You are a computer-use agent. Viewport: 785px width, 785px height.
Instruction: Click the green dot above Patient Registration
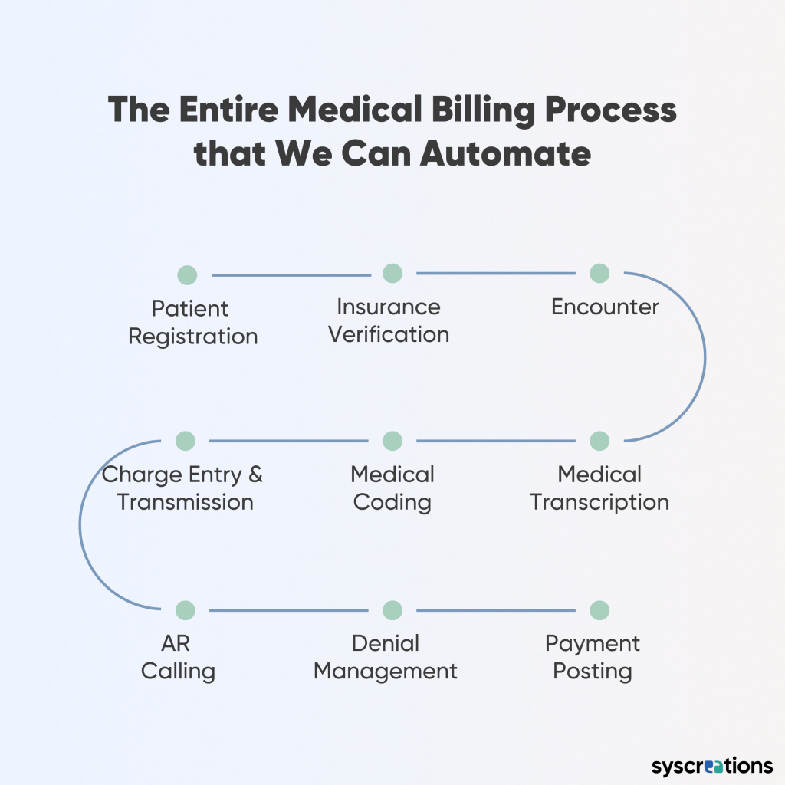[x=187, y=275]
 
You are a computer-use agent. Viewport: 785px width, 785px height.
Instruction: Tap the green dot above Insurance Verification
[x=392, y=273]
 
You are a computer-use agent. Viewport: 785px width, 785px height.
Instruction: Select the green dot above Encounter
[x=599, y=273]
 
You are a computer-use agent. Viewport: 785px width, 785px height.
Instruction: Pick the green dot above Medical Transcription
[x=599, y=441]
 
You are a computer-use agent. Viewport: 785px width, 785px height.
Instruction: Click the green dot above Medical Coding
[x=392, y=441]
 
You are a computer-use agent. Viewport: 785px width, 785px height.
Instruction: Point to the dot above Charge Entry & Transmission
[x=186, y=441]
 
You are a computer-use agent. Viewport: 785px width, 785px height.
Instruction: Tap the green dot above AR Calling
[x=186, y=610]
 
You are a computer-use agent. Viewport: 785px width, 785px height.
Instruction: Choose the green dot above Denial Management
[x=392, y=610]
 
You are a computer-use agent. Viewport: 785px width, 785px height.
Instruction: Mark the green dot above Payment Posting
[x=599, y=610]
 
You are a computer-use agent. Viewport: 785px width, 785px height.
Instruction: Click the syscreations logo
[x=712, y=766]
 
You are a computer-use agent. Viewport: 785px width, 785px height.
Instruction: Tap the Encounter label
[x=605, y=307]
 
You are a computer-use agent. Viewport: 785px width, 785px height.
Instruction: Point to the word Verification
[x=389, y=335]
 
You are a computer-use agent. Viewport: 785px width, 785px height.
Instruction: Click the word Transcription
[x=599, y=503]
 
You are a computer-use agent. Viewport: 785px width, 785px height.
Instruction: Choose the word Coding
[x=392, y=503]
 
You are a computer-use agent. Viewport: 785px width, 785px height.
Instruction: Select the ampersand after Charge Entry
[x=255, y=475]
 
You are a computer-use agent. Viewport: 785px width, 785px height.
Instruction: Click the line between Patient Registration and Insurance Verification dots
[x=290, y=274]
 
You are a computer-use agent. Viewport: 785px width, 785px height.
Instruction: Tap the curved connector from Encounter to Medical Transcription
[x=705, y=357]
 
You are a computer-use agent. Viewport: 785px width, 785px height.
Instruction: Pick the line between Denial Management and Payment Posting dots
[x=496, y=610]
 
